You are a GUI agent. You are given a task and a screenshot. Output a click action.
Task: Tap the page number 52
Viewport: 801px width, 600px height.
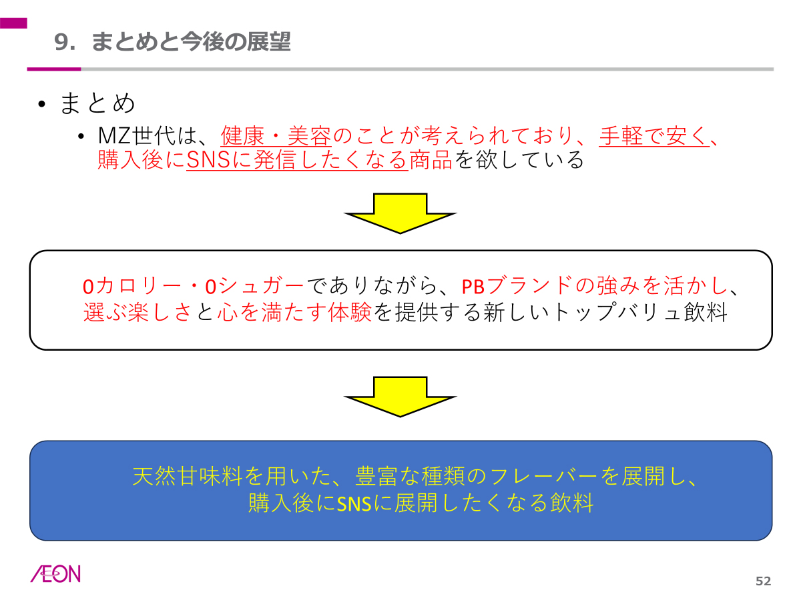pos(763,581)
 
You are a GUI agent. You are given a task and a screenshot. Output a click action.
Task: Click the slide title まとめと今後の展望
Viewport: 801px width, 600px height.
pos(190,42)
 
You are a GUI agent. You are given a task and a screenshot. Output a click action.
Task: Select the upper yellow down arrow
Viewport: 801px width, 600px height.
pos(400,212)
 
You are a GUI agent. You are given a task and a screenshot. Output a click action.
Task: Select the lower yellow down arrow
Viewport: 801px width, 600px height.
pos(400,395)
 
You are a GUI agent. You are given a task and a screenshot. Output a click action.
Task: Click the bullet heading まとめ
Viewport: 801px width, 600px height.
pos(97,103)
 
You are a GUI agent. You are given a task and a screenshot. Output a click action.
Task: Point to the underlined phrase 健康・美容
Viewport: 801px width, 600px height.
pos(276,136)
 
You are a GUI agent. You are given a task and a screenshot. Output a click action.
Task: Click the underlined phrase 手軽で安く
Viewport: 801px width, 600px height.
pos(653,136)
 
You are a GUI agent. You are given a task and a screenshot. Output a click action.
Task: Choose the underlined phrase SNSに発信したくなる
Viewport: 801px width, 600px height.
pos(297,161)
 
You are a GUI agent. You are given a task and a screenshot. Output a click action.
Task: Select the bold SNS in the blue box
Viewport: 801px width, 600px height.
pos(354,503)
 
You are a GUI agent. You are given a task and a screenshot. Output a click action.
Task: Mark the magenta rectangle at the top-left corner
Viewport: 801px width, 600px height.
pos(13,23)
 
